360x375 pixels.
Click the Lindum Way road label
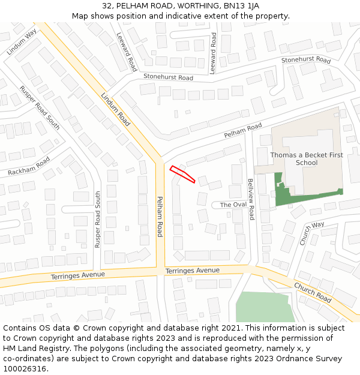coord(22,42)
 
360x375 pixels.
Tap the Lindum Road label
coord(115,109)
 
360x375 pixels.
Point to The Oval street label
coord(233,205)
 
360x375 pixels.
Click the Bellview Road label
coord(251,199)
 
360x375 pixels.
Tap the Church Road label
coord(313,291)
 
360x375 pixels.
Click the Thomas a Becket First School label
coord(307,158)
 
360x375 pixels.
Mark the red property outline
coord(182,173)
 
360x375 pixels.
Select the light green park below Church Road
coord(264,307)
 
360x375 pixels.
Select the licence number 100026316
coord(23,369)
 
